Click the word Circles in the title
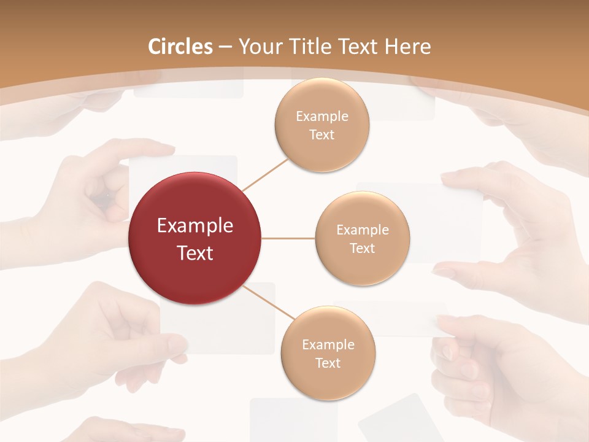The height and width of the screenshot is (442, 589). pos(180,47)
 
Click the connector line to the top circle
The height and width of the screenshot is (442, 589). pos(265,174)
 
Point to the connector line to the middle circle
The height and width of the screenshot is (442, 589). pos(288,238)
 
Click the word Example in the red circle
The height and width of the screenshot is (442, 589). pos(195,226)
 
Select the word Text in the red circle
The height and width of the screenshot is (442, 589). pos(195,253)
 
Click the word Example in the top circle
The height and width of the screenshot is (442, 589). pos(321,117)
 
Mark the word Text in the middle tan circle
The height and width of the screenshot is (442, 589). pos(363,249)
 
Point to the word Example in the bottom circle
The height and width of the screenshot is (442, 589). pos(328,345)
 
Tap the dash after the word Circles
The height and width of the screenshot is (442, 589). pos(225,47)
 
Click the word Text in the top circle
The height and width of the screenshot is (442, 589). pos(321,135)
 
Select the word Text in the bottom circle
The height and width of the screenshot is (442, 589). pos(328,363)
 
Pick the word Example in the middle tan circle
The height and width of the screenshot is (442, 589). pos(363,230)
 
